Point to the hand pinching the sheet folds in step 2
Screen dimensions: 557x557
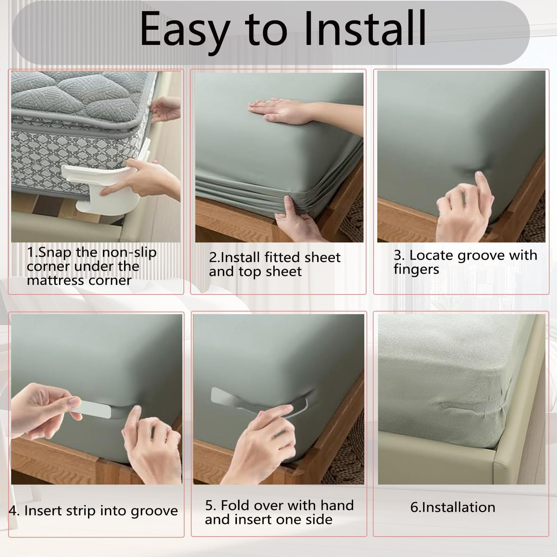[x=297, y=219]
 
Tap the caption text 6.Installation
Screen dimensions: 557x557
[x=453, y=507]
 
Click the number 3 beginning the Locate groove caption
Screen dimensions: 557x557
[x=398, y=255]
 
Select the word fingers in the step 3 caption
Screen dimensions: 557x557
[x=416, y=270]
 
